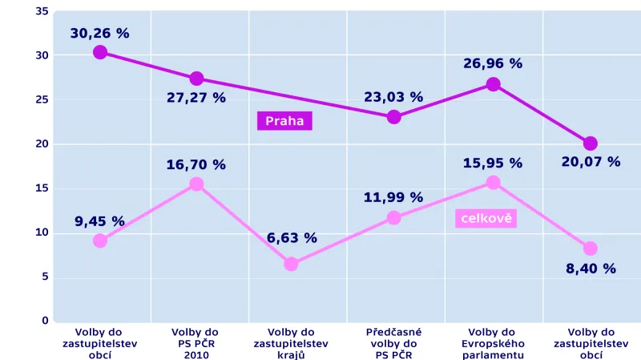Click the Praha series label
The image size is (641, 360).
tap(284, 122)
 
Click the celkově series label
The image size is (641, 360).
tap(486, 218)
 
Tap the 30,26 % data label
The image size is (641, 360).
tap(100, 34)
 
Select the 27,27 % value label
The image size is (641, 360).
tap(196, 98)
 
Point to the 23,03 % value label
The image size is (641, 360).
tap(393, 97)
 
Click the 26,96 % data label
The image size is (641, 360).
tap(493, 63)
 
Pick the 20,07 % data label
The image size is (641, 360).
tap(591, 162)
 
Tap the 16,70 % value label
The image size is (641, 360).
tap(196, 165)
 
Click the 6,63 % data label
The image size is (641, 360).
tap(292, 238)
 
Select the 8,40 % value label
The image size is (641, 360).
tap(591, 269)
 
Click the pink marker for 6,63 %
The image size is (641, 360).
tap(292, 264)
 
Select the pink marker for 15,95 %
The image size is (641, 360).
tap(493, 183)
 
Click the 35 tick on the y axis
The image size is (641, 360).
tap(42, 12)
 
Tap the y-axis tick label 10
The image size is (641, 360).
tap(42, 233)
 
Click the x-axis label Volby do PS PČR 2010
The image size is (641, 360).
tap(196, 343)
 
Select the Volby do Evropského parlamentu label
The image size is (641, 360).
tap(493, 343)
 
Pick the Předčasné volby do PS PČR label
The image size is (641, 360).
tap(393, 343)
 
